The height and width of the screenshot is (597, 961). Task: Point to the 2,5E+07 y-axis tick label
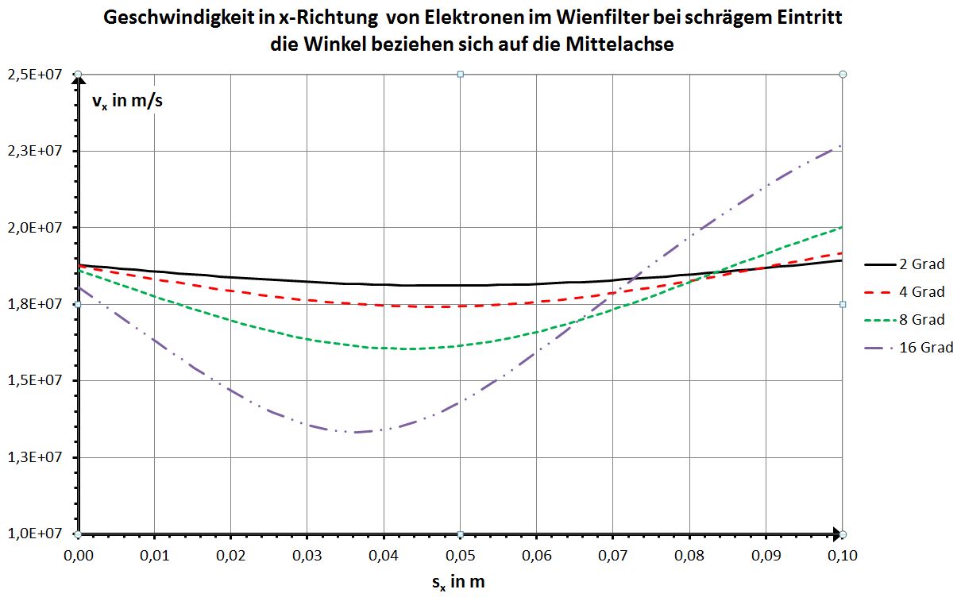[x=37, y=75]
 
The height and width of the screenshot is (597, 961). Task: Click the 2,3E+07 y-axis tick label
[x=37, y=151]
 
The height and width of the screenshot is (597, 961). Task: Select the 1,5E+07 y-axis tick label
[x=37, y=380]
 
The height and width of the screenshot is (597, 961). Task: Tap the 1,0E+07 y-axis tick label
[x=37, y=533]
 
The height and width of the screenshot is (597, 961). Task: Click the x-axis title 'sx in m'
[x=458, y=582]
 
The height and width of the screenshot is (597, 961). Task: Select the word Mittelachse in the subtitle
[x=619, y=44]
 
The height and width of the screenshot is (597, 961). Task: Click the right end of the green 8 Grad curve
[x=841, y=228]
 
